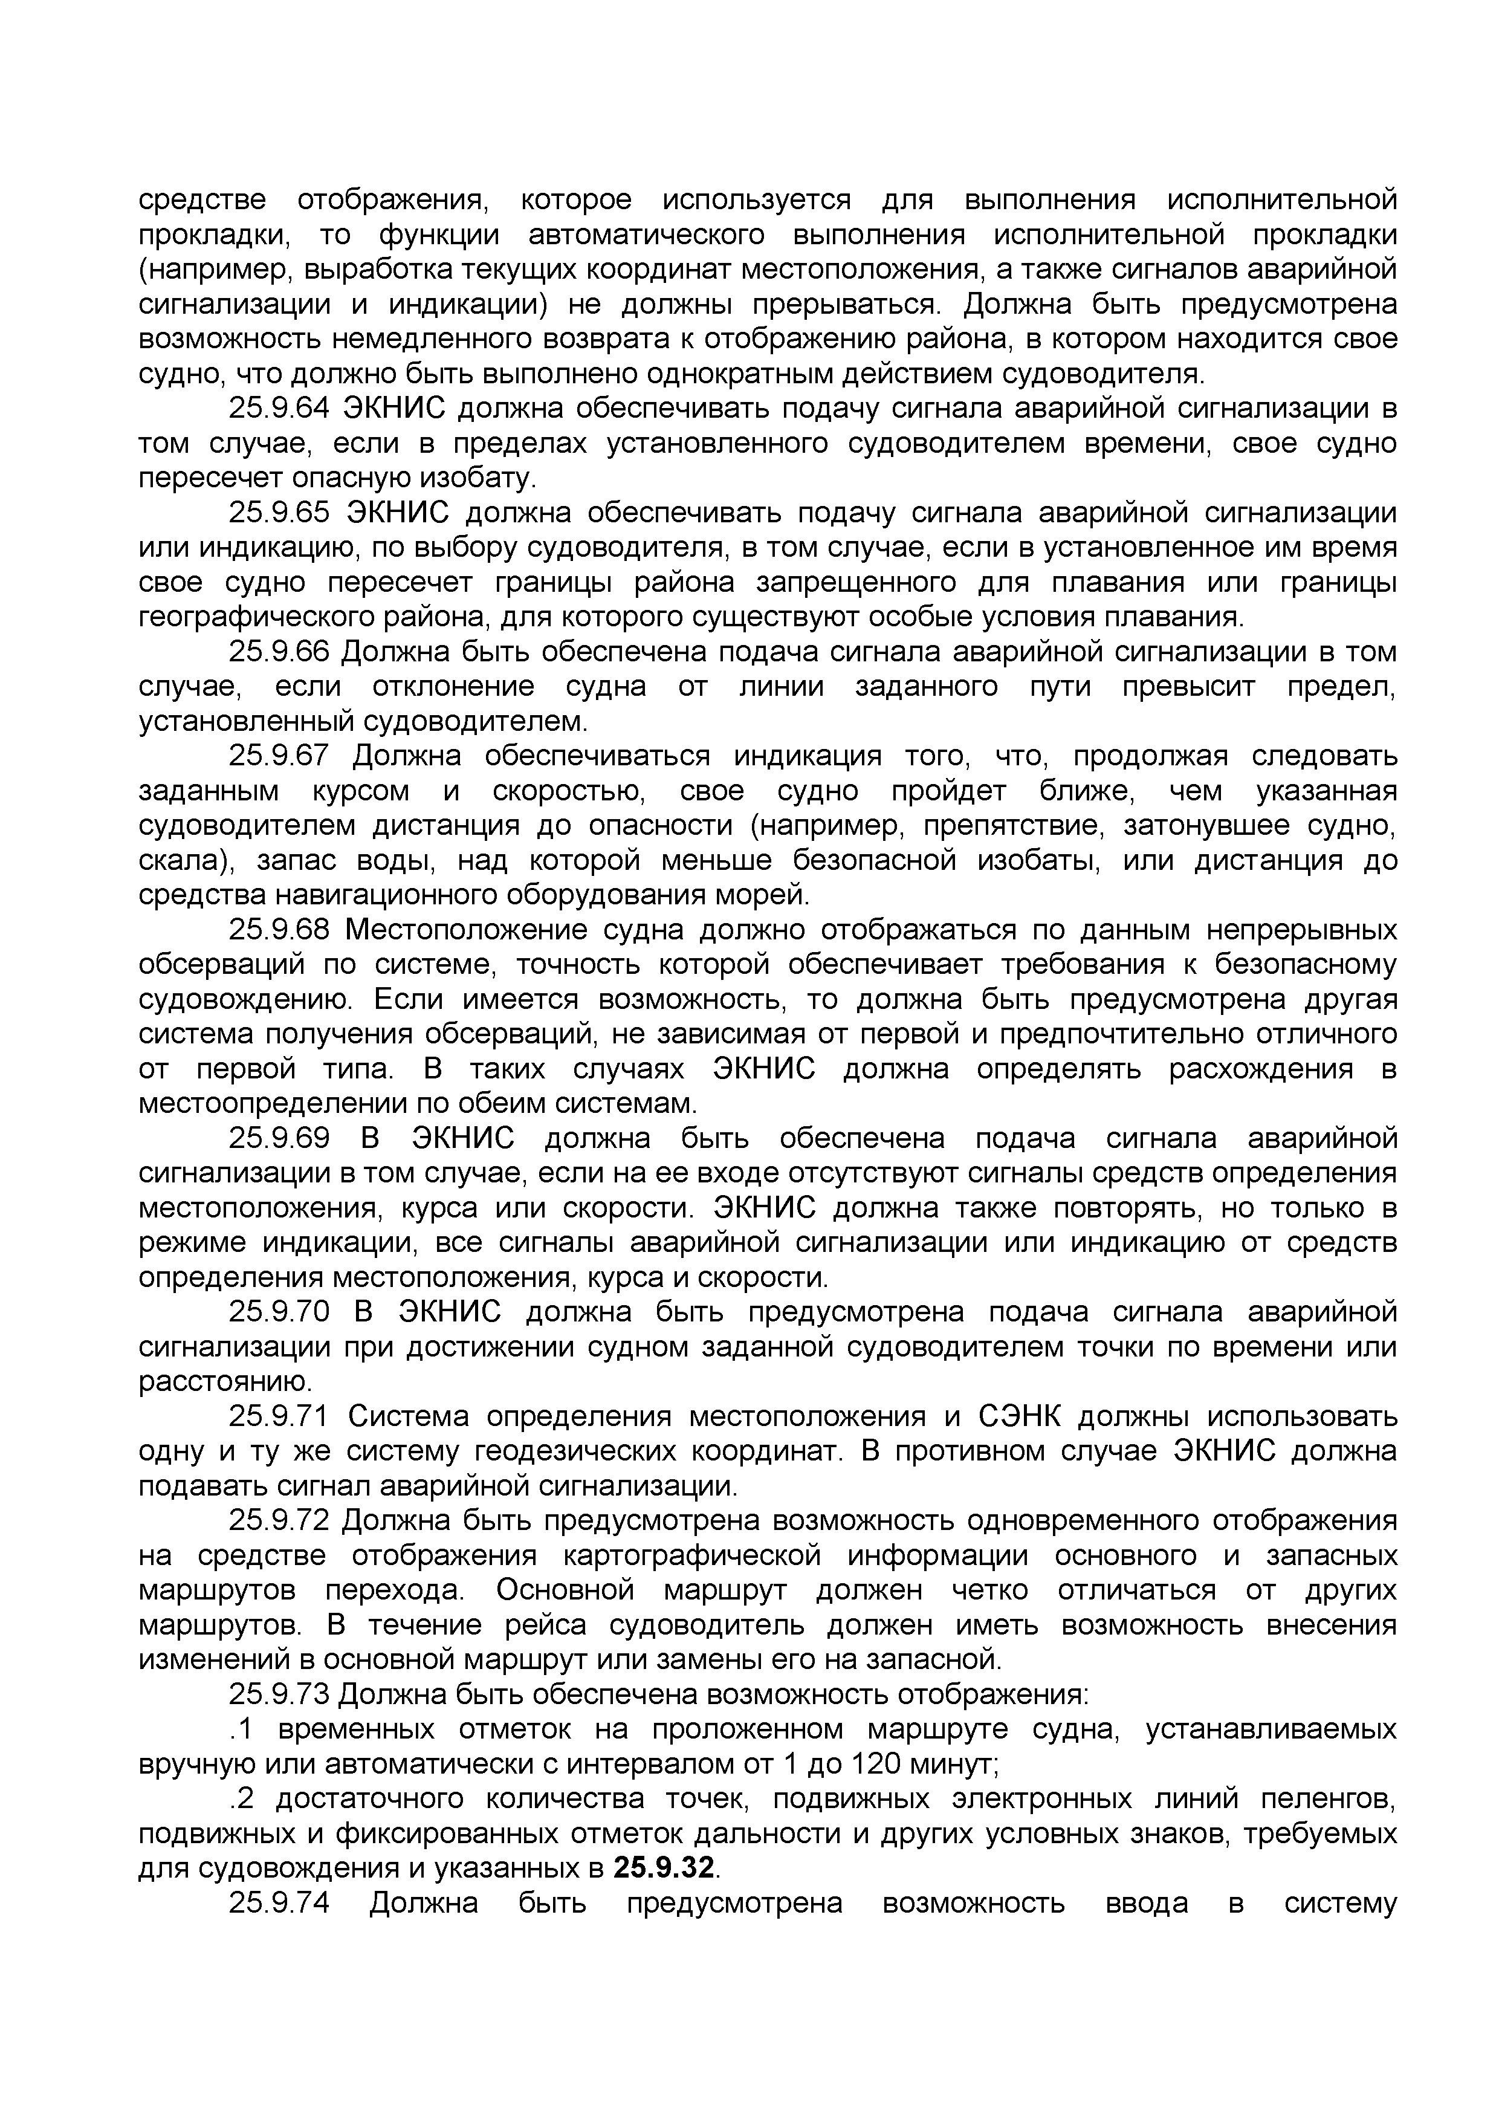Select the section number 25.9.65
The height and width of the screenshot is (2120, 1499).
(279, 513)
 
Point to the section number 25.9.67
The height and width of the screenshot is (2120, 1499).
(279, 756)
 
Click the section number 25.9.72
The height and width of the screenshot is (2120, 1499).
(279, 1521)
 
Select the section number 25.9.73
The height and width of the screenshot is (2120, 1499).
(279, 1694)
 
